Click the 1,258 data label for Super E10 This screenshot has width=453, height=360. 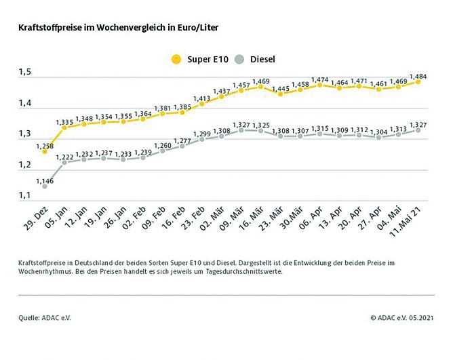coord(45,144)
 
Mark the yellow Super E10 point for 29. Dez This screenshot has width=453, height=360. coord(45,153)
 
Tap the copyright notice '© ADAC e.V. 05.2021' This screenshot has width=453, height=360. coord(402,317)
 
